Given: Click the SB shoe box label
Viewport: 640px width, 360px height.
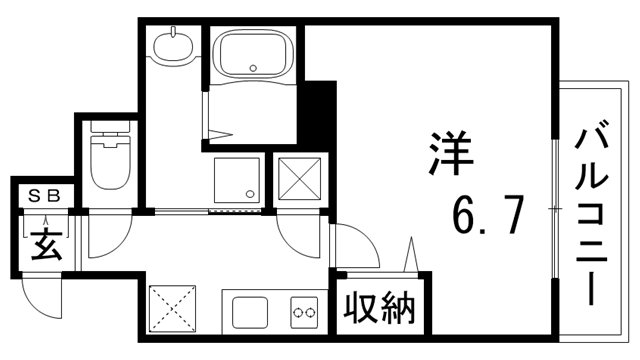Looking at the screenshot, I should [43, 196].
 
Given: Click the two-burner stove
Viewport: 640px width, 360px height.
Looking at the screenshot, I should [304, 312].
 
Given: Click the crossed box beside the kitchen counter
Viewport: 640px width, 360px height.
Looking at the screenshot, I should [170, 307].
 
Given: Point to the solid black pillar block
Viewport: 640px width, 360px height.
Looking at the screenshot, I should [318, 109].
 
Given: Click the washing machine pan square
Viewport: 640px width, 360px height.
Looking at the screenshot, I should [236, 181].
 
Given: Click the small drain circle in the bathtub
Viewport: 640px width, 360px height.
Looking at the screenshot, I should [254, 69].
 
